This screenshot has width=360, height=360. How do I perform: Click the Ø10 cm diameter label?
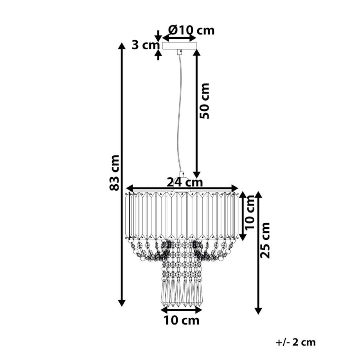tap(191, 30)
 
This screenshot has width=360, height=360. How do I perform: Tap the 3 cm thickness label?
tap(146, 45)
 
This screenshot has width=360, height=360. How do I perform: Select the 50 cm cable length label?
tap(204, 101)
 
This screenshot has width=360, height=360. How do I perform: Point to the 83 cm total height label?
tap(114, 173)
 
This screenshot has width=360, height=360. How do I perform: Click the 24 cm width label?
tap(185, 182)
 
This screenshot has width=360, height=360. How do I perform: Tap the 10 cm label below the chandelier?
tap(182, 320)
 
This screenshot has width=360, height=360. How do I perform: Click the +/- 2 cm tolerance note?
tap(296, 342)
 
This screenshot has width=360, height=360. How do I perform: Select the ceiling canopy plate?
tap(179, 45)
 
